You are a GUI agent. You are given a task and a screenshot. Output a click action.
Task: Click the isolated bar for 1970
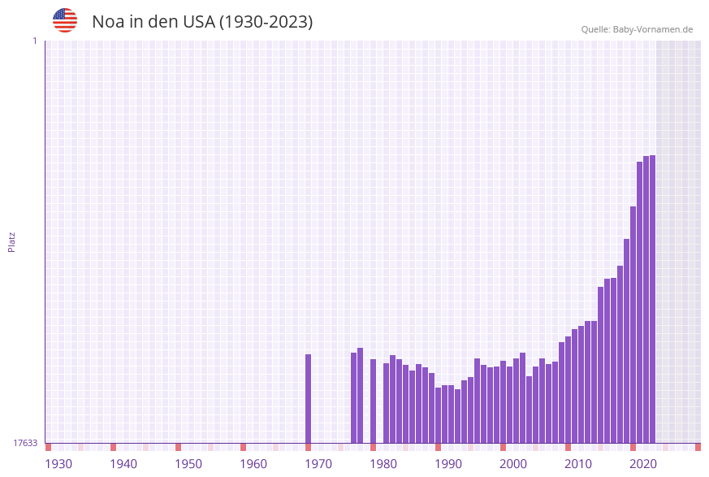click(309, 398)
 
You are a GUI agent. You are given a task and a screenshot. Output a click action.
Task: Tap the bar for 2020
click(633, 324)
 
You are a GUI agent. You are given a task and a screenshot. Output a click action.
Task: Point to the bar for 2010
click(568, 389)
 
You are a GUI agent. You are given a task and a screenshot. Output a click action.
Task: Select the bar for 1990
click(439, 414)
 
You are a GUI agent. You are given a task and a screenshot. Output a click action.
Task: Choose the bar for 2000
click(504, 401)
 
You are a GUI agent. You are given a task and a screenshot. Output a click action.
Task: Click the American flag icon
click(65, 20)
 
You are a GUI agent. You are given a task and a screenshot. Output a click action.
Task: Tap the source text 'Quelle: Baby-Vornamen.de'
click(637, 29)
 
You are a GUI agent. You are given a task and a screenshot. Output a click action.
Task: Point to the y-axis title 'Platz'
click(12, 241)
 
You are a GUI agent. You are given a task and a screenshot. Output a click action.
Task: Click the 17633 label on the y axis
click(25, 443)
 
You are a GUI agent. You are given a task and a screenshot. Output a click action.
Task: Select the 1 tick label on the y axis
click(34, 41)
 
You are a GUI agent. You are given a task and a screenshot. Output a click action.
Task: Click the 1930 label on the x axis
click(58, 463)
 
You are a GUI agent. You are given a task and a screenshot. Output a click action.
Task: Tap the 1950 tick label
click(188, 463)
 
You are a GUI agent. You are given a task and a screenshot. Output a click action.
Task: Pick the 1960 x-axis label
click(253, 463)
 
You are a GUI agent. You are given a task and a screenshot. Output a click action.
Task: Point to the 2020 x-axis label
click(643, 463)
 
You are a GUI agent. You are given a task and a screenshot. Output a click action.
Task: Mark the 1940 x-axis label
click(123, 463)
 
